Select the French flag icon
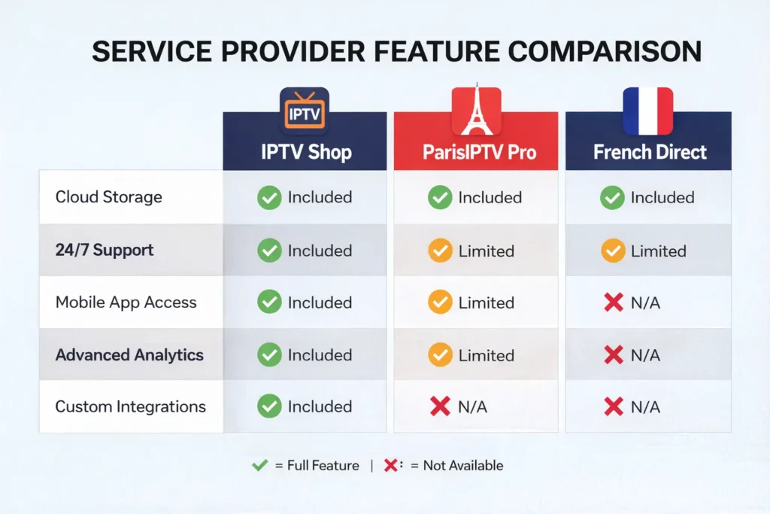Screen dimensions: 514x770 click(x=648, y=111)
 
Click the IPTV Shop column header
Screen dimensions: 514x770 click(x=305, y=152)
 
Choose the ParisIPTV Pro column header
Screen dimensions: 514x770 click(x=476, y=152)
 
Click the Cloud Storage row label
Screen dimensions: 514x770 click(x=108, y=197)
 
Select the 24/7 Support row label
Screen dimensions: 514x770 click(x=105, y=250)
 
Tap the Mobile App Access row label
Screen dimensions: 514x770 click(x=126, y=303)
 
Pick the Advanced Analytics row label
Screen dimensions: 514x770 click(x=129, y=354)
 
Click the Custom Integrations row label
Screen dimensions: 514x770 click(x=130, y=406)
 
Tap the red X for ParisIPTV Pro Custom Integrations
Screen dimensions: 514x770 click(x=440, y=406)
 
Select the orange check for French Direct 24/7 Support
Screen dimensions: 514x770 click(x=613, y=251)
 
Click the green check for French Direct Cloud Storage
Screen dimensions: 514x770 click(x=613, y=198)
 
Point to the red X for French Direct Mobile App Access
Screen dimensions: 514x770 click(x=614, y=303)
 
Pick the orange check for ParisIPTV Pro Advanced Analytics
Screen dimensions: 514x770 click(x=440, y=355)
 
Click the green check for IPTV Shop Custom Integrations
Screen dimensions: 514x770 click(x=269, y=406)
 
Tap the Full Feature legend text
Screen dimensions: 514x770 click(x=323, y=466)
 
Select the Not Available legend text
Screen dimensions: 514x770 click(x=462, y=466)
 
